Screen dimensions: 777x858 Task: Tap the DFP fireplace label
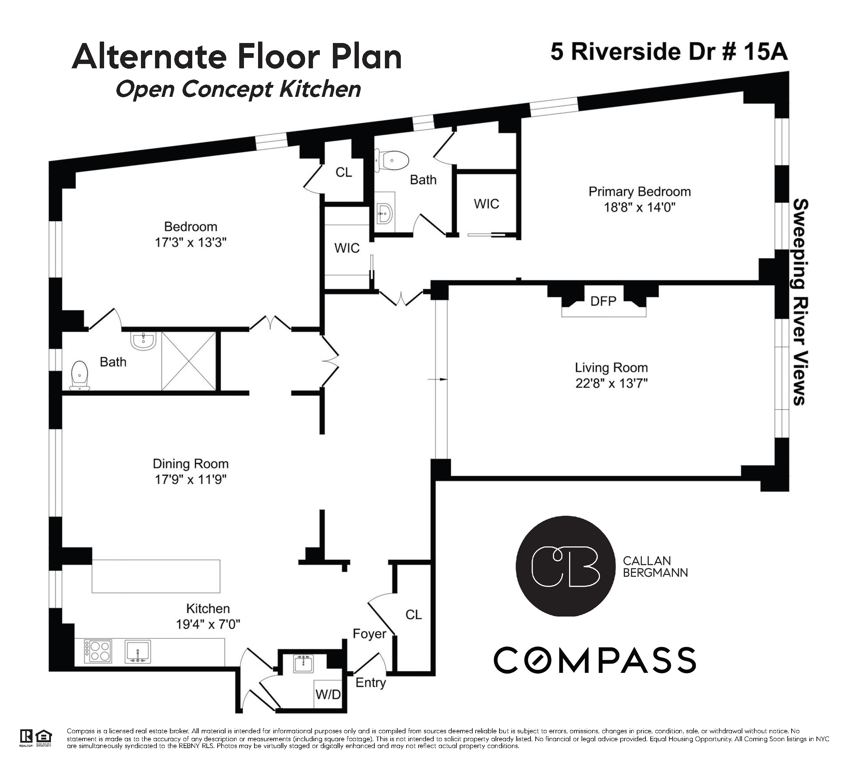(x=603, y=301)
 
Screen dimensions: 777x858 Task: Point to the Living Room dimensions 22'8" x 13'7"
(x=611, y=383)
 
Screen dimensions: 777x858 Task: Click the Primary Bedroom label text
(x=639, y=192)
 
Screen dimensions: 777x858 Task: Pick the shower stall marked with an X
(x=189, y=361)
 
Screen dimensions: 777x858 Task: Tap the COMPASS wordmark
(x=595, y=660)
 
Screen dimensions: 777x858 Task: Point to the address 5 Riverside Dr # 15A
(x=669, y=52)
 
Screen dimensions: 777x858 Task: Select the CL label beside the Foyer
(x=413, y=614)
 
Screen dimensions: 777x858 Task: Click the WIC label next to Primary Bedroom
(x=486, y=204)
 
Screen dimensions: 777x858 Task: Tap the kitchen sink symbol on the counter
(x=137, y=652)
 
